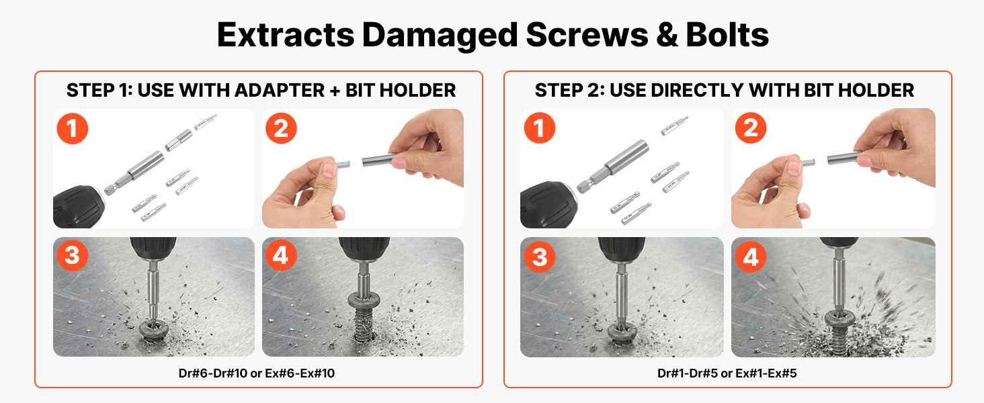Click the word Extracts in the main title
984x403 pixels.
(x=286, y=35)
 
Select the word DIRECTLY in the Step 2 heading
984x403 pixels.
(x=698, y=91)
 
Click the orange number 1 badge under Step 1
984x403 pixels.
(x=73, y=129)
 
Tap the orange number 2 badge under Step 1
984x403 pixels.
(x=281, y=129)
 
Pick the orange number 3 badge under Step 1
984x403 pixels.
(x=73, y=255)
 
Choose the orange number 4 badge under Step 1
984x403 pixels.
(x=281, y=255)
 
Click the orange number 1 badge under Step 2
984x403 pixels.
(x=540, y=128)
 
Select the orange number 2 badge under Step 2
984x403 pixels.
(x=751, y=128)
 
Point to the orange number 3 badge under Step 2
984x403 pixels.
(x=540, y=257)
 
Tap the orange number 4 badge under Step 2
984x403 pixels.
(x=751, y=257)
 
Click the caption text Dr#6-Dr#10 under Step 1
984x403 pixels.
(x=213, y=373)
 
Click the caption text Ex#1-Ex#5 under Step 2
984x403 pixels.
(x=766, y=373)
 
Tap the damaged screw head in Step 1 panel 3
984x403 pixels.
(x=154, y=329)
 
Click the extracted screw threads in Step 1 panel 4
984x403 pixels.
(x=363, y=325)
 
